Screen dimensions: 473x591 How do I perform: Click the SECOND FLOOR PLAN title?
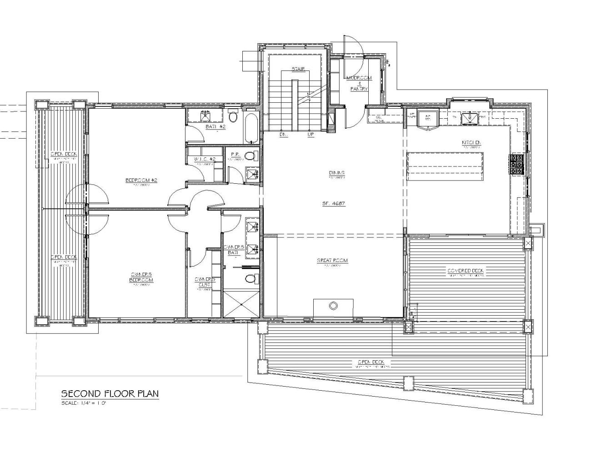[110, 393]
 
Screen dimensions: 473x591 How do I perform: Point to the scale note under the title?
[86, 403]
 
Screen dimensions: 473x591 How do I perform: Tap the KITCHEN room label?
[471, 143]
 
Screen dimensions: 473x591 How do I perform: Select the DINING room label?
[336, 173]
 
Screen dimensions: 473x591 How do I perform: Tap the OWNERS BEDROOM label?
[141, 277]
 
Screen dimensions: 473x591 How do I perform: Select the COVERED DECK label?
[466, 271]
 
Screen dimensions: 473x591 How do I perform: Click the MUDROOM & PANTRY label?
[359, 83]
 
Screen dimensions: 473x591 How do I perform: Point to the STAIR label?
[298, 69]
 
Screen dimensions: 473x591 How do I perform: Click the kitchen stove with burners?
[516, 165]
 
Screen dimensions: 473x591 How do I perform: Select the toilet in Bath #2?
[233, 117]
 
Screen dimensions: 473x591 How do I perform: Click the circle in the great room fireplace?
[333, 305]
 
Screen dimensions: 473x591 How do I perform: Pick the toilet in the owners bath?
[250, 278]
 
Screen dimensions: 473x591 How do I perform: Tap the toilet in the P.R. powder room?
[249, 156]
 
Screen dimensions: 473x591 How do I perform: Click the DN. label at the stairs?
[281, 135]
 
